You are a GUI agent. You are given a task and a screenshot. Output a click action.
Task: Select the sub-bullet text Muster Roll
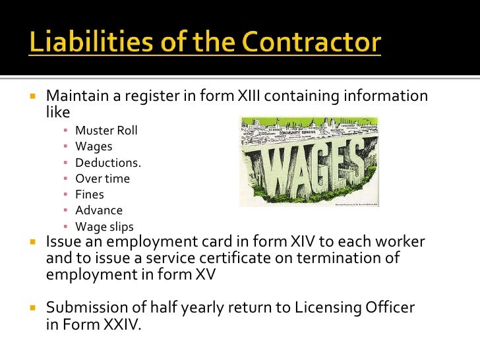[x=106, y=130]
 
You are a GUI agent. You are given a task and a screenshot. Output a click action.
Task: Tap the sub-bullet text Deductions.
[x=108, y=162]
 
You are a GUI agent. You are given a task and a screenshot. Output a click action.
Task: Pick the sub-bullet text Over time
[x=102, y=179]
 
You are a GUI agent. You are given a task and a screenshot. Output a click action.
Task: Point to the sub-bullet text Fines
[x=90, y=195]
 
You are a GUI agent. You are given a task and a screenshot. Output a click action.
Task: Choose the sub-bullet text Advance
[x=99, y=210]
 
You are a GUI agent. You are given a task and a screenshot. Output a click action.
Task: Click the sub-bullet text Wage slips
[x=104, y=227]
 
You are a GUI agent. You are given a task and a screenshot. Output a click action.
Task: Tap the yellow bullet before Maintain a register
[x=31, y=96]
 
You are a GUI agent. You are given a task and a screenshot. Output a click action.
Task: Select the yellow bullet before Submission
[x=31, y=308]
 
